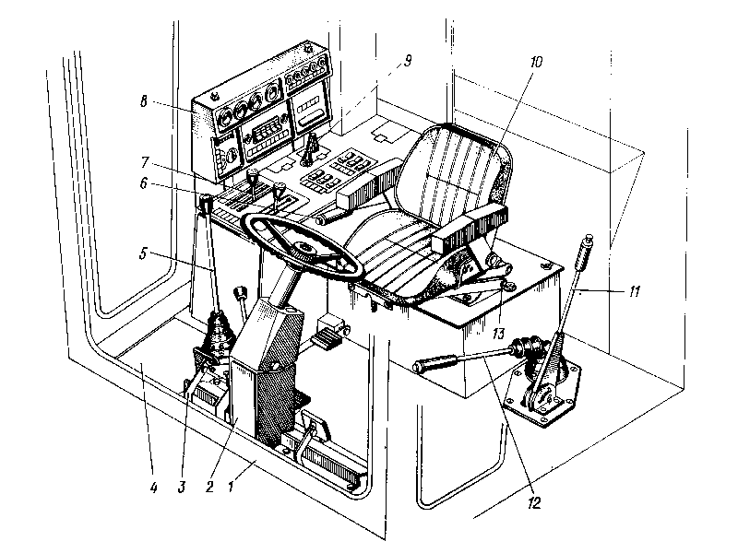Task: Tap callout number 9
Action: [407, 62]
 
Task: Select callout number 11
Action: [636, 290]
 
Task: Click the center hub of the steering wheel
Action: [301, 247]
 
